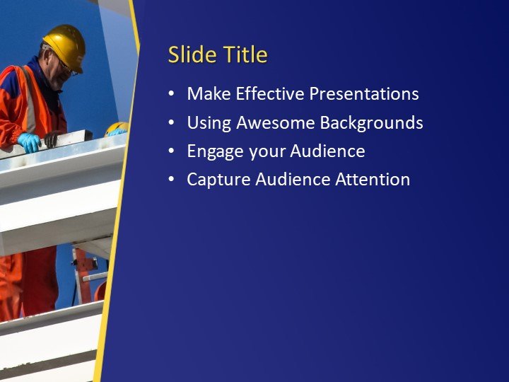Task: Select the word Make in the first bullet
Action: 209,94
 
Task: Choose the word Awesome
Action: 275,123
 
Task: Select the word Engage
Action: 212,152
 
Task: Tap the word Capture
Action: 215,180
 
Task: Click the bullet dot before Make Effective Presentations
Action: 171,95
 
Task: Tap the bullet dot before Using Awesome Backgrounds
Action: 171,124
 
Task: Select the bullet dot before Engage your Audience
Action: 171,152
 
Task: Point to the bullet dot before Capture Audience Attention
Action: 171,180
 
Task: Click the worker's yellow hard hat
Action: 65,44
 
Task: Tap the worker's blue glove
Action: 30,142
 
